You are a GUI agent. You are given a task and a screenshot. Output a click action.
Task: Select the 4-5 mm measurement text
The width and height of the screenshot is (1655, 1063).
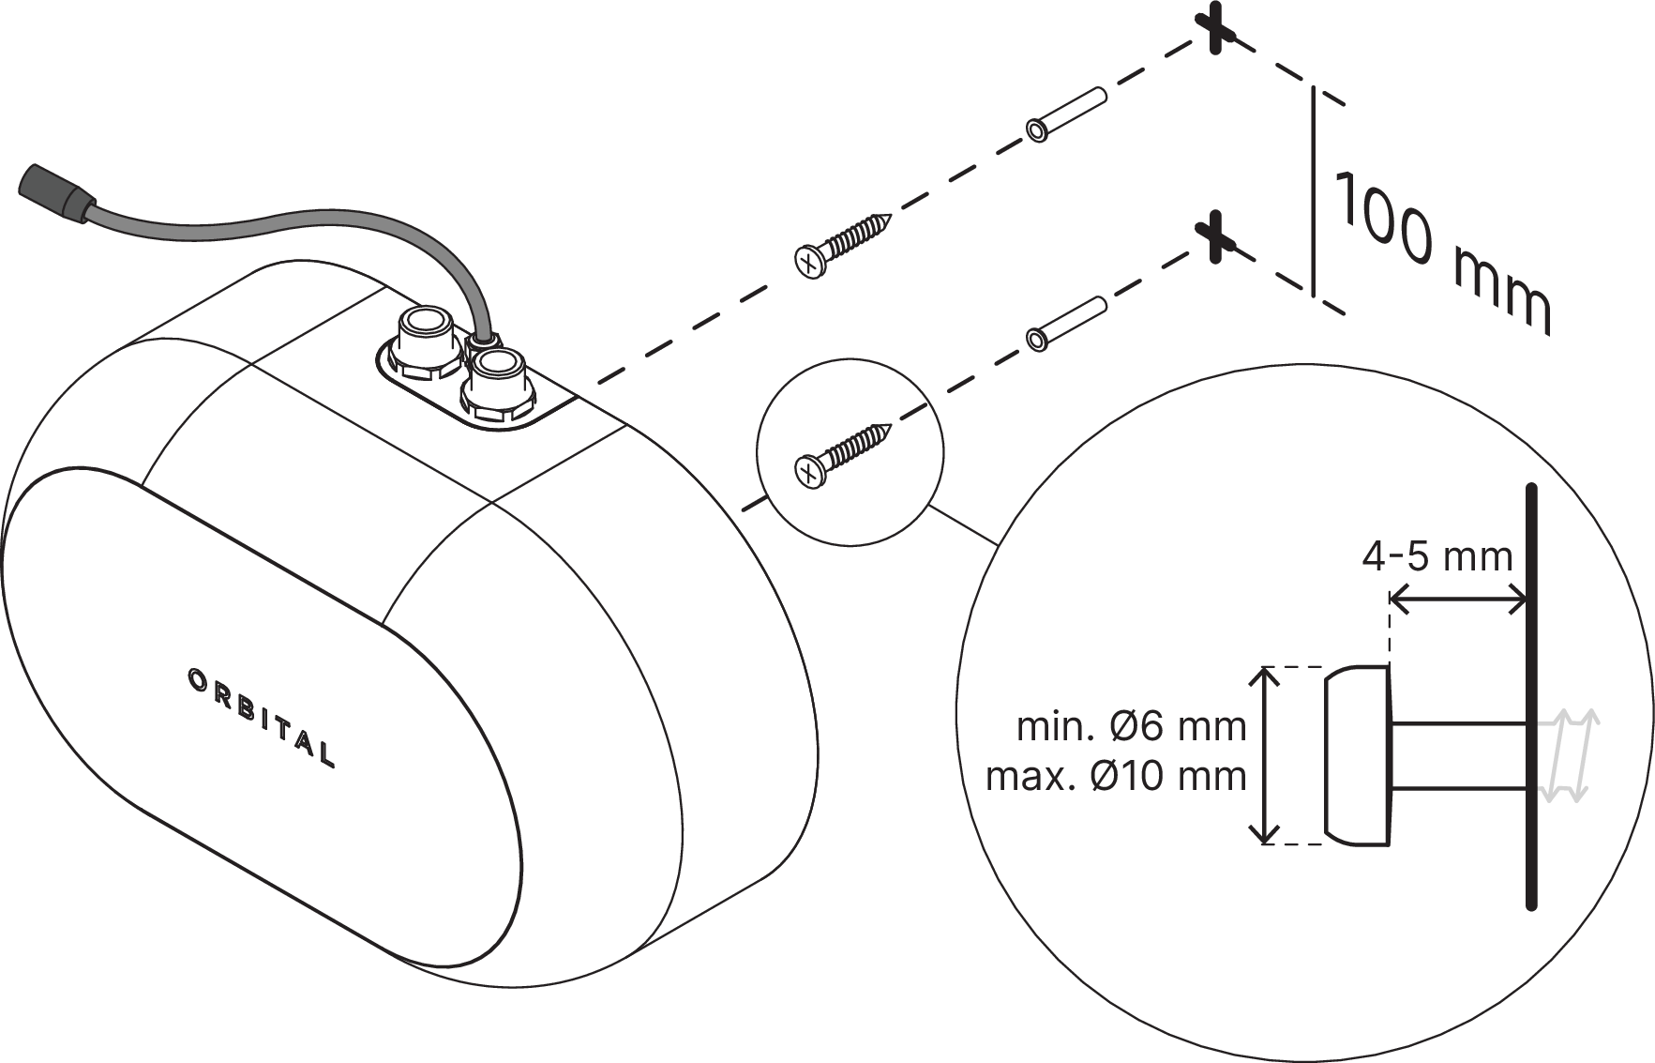[x=1437, y=557]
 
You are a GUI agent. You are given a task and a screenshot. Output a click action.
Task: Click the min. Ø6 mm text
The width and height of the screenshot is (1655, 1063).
[x=1131, y=726]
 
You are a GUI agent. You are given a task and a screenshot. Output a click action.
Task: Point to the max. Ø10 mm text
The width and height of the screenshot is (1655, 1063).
[x=1116, y=776]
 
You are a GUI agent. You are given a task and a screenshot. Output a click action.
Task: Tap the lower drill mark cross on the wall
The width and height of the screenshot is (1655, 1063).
[x=1215, y=236]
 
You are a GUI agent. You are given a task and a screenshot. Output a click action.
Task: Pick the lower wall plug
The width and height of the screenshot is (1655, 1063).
[x=1067, y=322]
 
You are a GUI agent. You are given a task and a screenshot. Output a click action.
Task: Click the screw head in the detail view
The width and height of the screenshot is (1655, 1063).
[x=1358, y=755]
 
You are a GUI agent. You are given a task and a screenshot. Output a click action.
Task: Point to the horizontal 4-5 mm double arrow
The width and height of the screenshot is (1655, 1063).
[x=1458, y=599]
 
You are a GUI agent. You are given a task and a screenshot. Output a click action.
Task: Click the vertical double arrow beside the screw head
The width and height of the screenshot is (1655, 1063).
[x=1267, y=755]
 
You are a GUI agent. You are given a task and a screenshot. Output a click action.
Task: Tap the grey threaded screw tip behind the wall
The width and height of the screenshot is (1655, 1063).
[x=1566, y=755]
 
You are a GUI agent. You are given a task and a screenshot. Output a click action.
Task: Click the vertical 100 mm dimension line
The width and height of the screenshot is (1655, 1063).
[x=1313, y=190]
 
